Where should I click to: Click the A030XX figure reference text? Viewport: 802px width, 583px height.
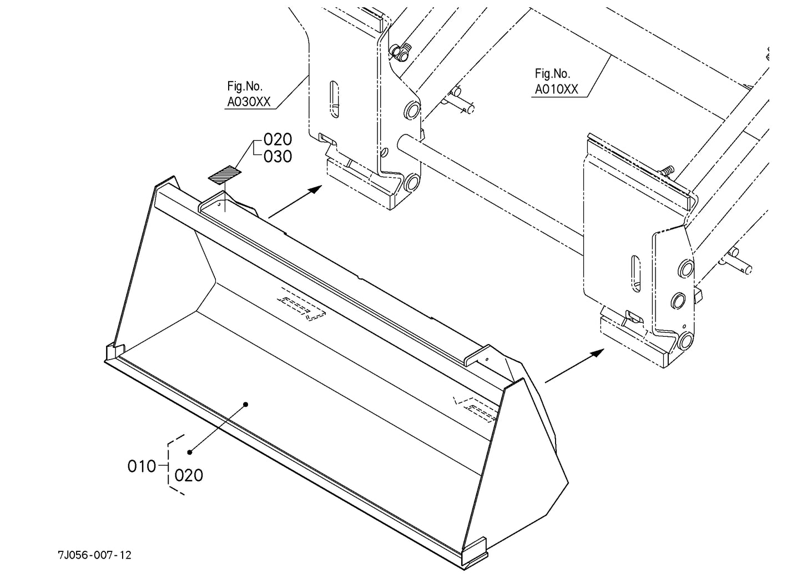248,102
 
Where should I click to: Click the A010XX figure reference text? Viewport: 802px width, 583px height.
556,89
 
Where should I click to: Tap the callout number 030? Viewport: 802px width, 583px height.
278,157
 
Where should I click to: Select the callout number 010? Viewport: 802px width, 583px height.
142,466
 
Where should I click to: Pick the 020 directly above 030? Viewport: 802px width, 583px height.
278,139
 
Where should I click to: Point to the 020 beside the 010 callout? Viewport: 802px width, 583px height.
189,475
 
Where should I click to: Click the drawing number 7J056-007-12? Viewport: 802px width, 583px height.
95,555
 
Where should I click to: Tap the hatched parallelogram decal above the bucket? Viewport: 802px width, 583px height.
225,174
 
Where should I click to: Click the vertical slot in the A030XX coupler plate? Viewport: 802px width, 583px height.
333,99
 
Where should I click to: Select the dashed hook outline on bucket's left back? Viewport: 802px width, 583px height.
302,304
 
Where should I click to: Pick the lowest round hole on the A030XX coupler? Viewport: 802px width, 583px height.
411,181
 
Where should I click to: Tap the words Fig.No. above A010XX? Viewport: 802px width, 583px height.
552,73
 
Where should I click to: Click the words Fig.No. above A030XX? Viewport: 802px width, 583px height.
245,86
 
